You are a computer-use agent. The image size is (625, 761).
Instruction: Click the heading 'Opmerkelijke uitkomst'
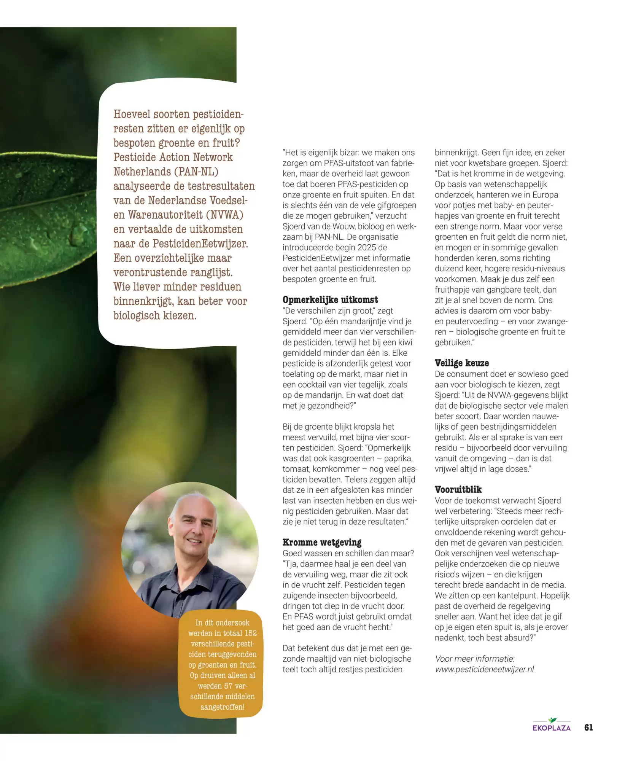[330, 300]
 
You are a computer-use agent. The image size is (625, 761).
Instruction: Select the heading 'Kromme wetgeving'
[322, 542]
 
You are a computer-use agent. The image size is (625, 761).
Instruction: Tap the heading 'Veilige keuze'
[461, 363]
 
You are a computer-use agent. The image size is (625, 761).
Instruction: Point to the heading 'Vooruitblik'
[458, 490]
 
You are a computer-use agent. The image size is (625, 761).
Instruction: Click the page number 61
[588, 728]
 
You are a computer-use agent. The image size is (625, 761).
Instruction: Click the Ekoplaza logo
[552, 725]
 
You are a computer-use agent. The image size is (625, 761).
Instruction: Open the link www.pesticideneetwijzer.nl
[484, 669]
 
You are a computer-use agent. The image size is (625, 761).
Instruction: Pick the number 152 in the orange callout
[251, 633]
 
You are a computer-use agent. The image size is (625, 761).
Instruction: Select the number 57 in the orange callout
[228, 686]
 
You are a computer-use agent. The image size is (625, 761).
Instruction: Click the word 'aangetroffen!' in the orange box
[223, 707]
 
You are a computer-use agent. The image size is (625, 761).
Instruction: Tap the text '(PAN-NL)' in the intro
[196, 172]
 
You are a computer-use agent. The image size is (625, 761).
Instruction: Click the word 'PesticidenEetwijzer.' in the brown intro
[200, 244]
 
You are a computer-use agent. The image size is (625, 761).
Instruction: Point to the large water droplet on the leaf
[80, 231]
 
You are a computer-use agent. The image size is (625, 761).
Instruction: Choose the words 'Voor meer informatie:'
[474, 659]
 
